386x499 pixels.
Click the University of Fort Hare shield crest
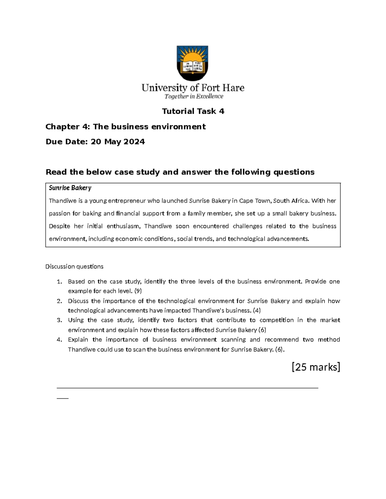(193, 63)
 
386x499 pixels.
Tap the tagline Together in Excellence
(194, 96)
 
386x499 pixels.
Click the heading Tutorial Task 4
(193, 111)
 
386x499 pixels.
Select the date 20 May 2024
(118, 142)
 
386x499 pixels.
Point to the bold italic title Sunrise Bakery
(70, 188)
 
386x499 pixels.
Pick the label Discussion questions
(74, 266)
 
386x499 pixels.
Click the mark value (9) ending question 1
(138, 291)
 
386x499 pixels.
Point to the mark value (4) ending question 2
(257, 310)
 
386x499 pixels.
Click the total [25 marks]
(316, 367)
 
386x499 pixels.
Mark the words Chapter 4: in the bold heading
(68, 127)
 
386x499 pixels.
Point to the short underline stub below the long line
(62, 398)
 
